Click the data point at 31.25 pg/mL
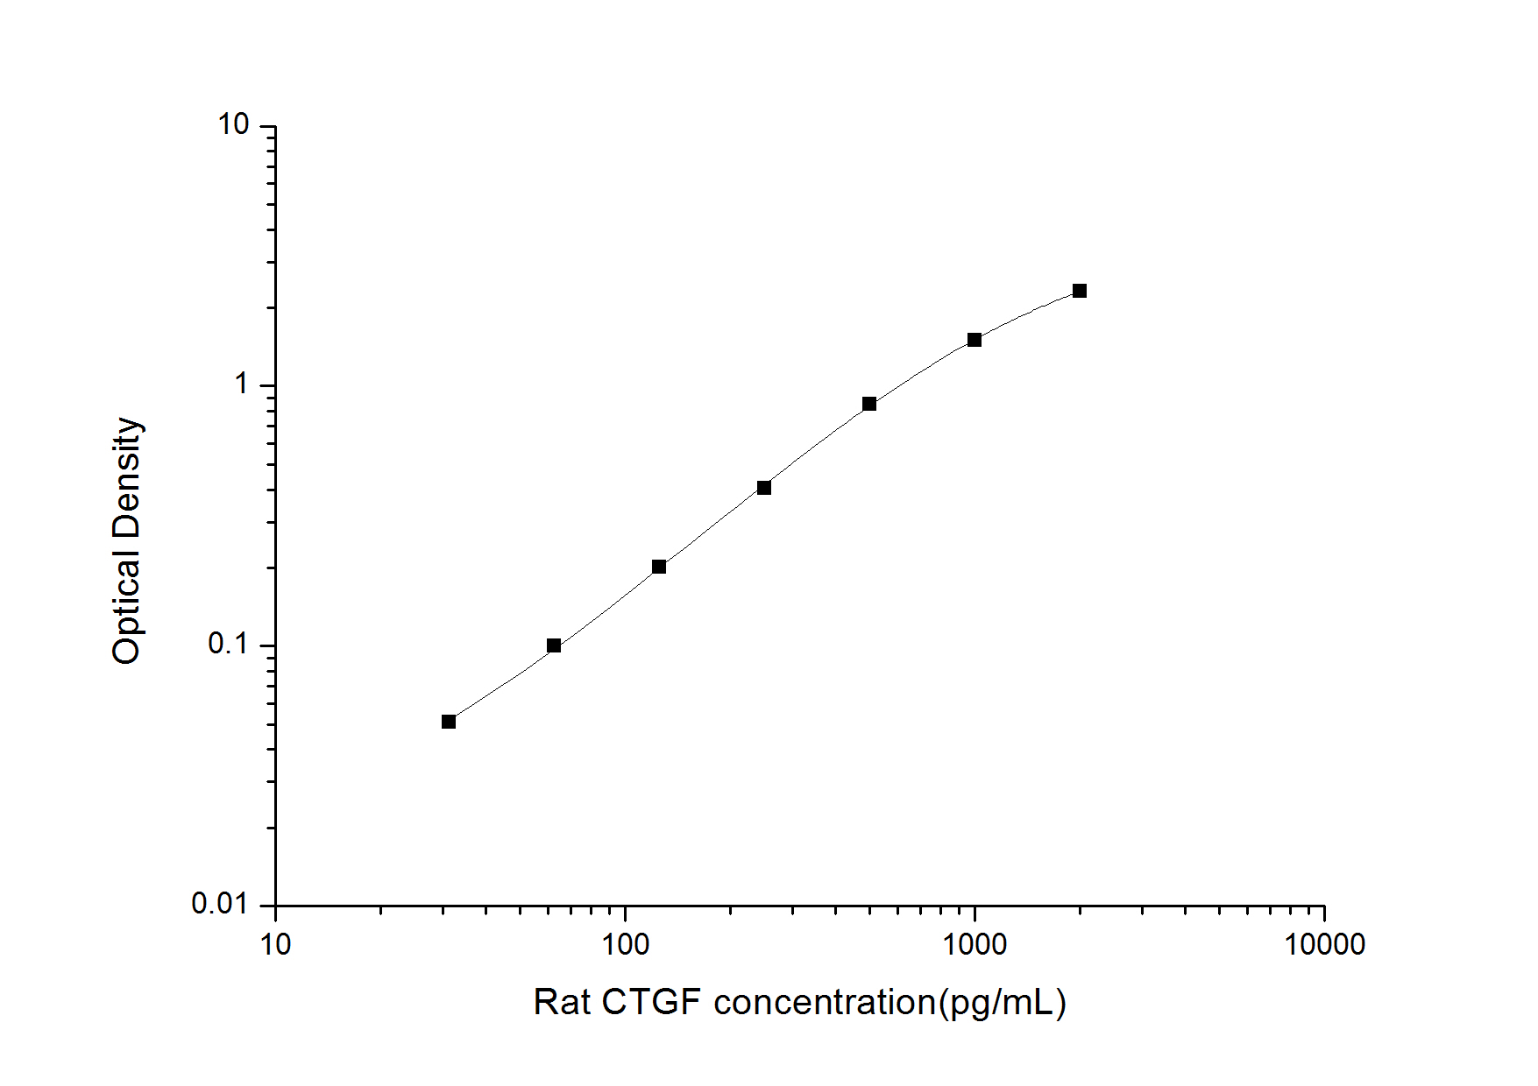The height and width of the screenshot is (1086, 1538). tap(449, 722)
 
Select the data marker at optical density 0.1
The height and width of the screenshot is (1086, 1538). tap(554, 645)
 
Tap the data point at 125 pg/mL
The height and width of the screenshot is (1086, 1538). tap(659, 567)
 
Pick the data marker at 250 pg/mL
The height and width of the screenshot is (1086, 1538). tap(764, 487)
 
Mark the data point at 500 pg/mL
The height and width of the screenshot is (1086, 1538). tap(869, 404)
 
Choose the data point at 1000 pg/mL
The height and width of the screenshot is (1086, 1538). tap(975, 340)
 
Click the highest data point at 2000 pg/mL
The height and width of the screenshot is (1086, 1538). tap(1080, 291)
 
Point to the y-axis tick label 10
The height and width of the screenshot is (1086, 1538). tap(234, 125)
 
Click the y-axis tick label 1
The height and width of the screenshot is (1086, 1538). tap(242, 384)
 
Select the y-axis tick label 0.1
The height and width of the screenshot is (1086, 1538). tap(228, 644)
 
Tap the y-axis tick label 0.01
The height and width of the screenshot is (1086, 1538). tap(220, 903)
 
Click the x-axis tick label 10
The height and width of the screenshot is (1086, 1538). tap(275, 944)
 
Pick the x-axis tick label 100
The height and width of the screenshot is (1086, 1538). tap(625, 944)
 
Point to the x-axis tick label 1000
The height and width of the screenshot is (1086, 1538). tap(975, 944)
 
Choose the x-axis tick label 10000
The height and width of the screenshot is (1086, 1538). tap(1324, 944)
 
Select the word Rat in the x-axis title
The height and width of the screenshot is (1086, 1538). tap(562, 1002)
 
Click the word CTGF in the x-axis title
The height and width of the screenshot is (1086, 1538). tap(650, 1002)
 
